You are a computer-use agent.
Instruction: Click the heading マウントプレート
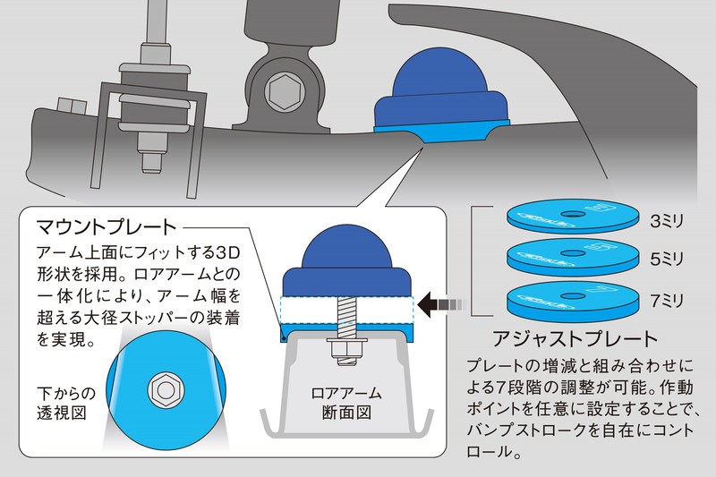(x=107, y=224)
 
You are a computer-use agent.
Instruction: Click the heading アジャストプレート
(x=575, y=339)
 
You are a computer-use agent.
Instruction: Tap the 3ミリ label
(x=667, y=217)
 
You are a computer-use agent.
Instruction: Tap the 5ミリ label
(x=667, y=258)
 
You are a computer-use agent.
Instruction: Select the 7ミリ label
(x=667, y=298)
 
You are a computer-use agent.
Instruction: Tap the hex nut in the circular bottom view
(x=166, y=388)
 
